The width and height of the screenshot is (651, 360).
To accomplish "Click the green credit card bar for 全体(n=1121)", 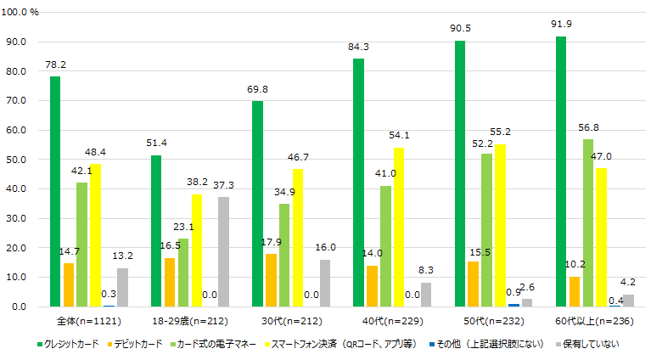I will click(55, 191).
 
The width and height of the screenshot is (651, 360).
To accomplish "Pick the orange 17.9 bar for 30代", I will click(271, 279).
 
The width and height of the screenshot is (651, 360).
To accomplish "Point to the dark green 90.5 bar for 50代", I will click(459, 173).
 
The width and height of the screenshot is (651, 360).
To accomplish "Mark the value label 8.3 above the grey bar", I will click(426, 270).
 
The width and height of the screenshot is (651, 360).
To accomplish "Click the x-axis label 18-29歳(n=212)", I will click(184, 321).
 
